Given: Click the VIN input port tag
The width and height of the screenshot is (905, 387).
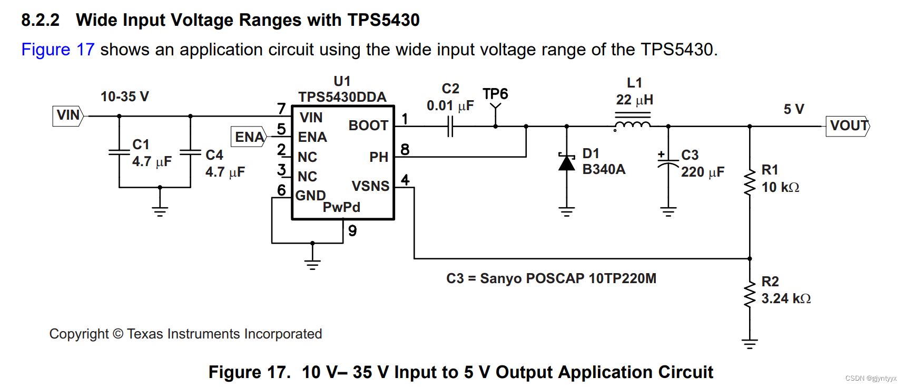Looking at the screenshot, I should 68,115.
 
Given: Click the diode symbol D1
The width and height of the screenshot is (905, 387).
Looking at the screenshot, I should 567,163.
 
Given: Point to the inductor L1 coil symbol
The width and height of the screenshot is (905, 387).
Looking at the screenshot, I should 633,125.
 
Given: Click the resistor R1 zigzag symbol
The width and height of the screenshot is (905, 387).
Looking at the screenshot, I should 749,182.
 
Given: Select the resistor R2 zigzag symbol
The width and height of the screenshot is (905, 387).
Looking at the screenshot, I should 749,295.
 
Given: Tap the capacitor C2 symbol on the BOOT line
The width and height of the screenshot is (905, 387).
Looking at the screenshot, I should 450,127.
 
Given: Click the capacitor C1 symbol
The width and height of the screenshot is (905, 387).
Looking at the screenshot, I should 119,152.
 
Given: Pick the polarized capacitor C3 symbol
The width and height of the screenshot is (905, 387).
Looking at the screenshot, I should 668,163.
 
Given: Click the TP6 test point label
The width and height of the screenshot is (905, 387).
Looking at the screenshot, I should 495,94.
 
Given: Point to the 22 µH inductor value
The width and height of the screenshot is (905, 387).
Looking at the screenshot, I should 634,100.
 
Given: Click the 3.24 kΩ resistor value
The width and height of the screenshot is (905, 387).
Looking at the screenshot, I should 785,298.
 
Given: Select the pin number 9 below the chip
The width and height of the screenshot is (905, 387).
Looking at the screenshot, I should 352,231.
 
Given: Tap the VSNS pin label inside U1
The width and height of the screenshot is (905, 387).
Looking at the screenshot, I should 370,186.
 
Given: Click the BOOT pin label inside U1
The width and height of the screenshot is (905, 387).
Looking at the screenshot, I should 368,125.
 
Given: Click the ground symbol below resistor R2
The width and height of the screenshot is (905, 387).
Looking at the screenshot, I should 749,344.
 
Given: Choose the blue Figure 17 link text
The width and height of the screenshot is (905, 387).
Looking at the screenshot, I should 58,50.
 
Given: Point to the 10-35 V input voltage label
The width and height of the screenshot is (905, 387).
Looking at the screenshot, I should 125,96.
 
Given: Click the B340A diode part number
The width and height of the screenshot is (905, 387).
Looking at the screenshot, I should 604,169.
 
